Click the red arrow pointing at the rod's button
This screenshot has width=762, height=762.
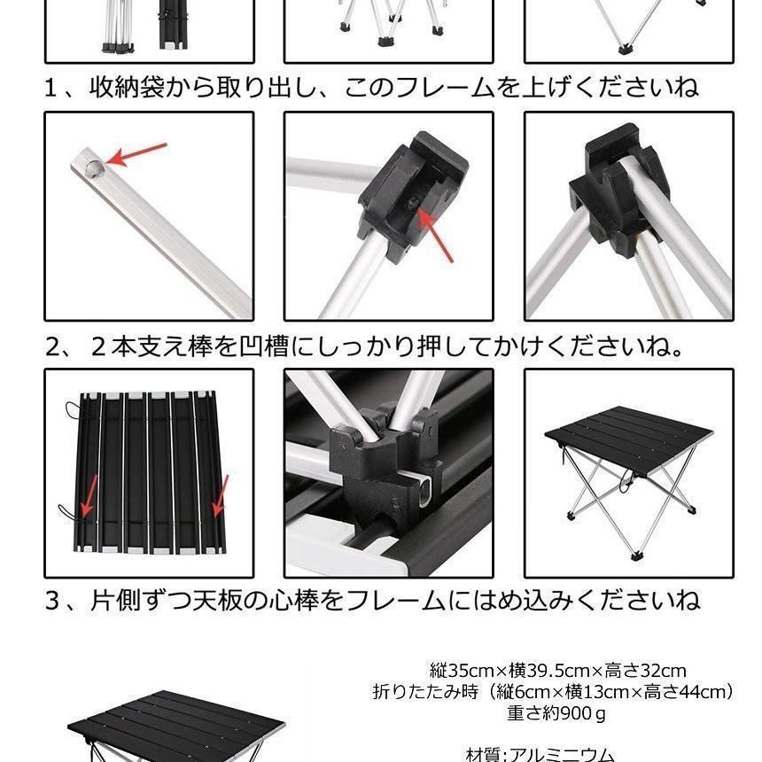pyautogui.click(x=137, y=154)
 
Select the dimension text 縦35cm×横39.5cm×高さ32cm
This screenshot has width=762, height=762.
pyautogui.click(x=557, y=671)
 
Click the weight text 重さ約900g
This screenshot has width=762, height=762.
pyautogui.click(x=557, y=712)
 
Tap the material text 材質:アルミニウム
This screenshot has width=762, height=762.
pyautogui.click(x=540, y=754)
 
